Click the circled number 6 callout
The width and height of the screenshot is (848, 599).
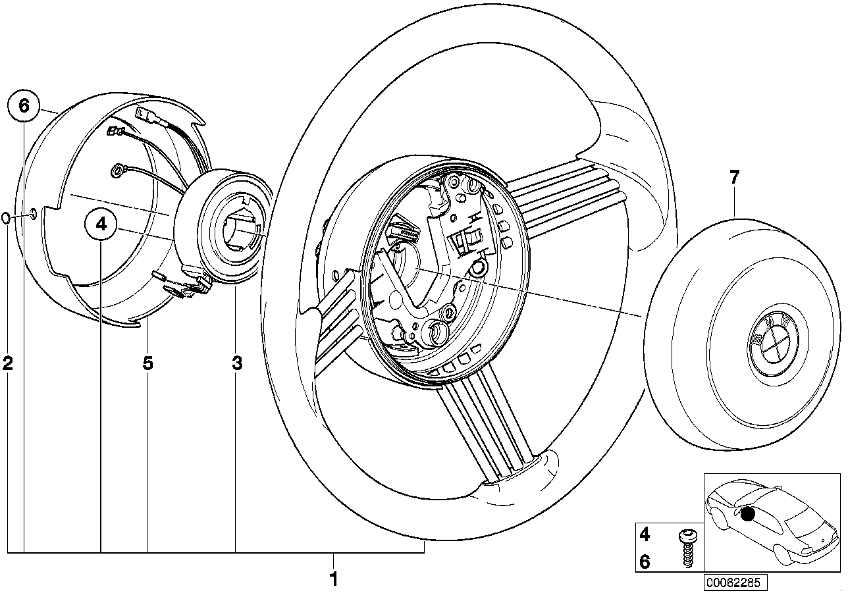pyautogui.click(x=24, y=105)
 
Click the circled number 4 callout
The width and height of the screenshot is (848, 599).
pyautogui.click(x=101, y=224)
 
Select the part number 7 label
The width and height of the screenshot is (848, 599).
pyautogui.click(x=735, y=176)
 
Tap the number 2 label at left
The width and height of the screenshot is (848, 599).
pyautogui.click(x=8, y=362)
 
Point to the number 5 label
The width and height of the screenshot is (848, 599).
pyautogui.click(x=147, y=362)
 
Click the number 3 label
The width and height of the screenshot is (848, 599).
pyautogui.click(x=237, y=362)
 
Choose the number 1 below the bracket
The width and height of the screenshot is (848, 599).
pyautogui.click(x=333, y=579)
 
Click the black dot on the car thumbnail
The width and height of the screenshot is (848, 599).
pyautogui.click(x=747, y=514)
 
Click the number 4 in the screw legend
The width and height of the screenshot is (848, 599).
pyautogui.click(x=645, y=534)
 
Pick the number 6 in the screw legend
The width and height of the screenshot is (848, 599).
pyautogui.click(x=645, y=561)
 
